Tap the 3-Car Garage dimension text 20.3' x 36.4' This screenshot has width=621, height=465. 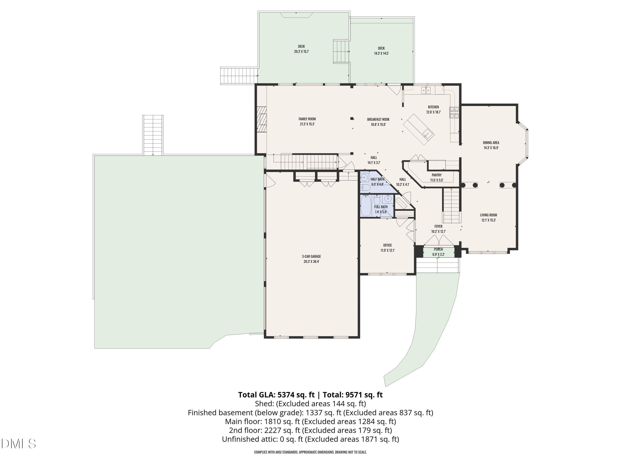click(x=311, y=261)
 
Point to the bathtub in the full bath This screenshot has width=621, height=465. click(x=366, y=206)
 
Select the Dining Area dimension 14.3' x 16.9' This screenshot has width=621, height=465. click(x=491, y=148)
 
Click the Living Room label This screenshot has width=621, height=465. click(x=489, y=215)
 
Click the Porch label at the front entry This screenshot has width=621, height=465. click(x=438, y=249)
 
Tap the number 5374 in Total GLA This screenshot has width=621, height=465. click(x=285, y=395)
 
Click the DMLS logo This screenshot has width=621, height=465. click(x=19, y=444)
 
